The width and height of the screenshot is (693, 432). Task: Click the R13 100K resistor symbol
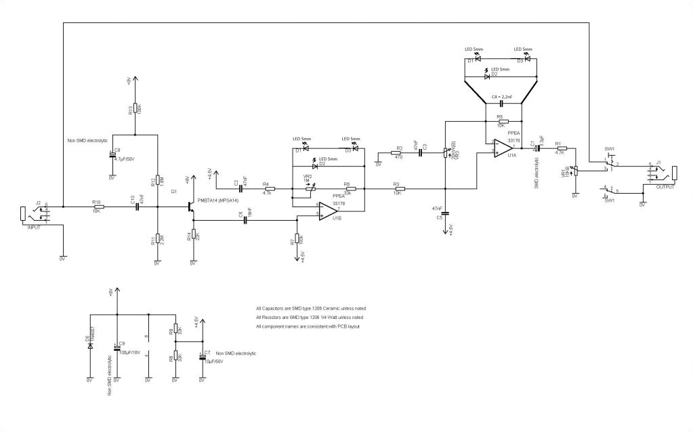point(136,108)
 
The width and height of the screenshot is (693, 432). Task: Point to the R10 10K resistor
point(99,207)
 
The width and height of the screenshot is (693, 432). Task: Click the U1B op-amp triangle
point(329,211)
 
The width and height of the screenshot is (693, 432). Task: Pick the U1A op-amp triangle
point(502,147)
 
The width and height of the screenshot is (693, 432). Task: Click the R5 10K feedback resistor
point(500,121)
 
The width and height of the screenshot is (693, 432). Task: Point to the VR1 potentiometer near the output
point(574,171)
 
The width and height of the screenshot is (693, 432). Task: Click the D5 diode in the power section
point(90,345)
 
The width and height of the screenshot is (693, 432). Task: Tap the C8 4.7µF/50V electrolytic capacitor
point(112,156)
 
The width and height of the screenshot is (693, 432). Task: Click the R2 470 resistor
point(396,153)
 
